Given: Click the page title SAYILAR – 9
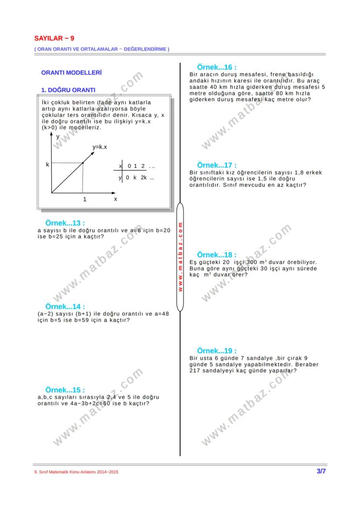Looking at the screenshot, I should pos(54,38).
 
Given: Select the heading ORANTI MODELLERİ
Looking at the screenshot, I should pos(71,73).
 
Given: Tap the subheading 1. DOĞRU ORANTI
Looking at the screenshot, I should pos(68,90).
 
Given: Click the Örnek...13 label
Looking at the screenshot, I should pos(65,223).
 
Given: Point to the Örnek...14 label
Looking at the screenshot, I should pos(65,307).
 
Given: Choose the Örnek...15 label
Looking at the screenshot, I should pos(65,390).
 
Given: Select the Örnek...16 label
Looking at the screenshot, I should pos(217,67).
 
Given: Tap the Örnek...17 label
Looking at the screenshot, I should pos(217,166).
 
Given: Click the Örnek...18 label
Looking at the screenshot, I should pos(217,255).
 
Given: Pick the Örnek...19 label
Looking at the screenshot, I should pos(217,351).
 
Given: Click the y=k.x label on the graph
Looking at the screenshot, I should pos(100,147).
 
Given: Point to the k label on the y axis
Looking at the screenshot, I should pos(48,165).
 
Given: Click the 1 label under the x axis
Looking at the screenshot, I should pos(85,200).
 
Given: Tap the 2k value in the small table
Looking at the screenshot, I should pos(143,178).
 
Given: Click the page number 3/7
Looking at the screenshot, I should pos(321,471).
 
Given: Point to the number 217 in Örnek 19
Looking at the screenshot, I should pos(195,371).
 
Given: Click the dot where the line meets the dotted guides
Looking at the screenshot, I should pos(83,163).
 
